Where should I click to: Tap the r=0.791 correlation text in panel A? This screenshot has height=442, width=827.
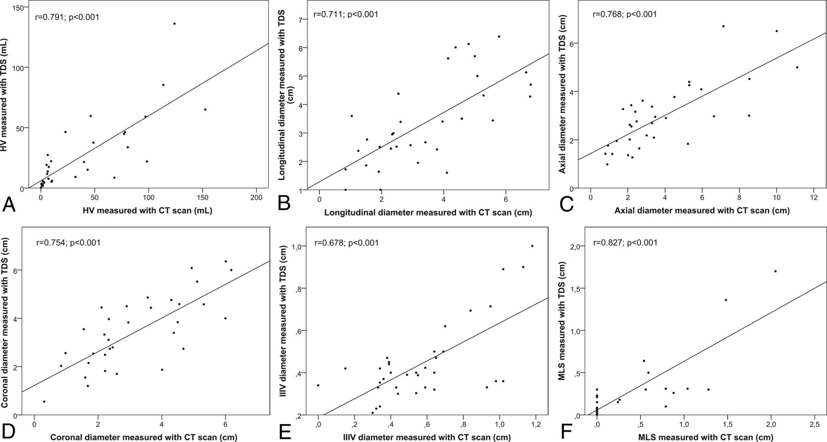tap(67, 17)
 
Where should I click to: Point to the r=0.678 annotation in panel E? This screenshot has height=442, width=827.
tap(346, 243)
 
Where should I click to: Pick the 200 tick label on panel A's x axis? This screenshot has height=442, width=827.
tap(256, 197)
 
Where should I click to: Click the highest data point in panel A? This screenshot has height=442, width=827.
tap(174, 23)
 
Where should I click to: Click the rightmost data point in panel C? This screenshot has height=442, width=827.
tap(797, 67)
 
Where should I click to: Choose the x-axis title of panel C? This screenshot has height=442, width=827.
tap(702, 211)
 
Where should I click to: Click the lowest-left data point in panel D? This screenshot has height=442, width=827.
tap(44, 402)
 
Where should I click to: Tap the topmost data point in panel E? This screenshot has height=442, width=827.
tap(532, 246)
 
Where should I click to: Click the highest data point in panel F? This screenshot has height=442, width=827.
tap(775, 271)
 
